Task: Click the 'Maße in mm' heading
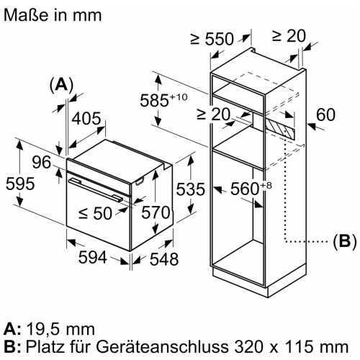[53, 15]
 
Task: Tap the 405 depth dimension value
[86, 119]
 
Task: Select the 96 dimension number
[42, 162]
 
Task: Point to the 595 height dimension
[20, 184]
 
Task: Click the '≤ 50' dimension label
[95, 213]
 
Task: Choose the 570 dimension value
[156, 212]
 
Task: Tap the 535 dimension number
[191, 189]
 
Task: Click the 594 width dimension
[93, 257]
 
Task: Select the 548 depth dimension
[164, 259]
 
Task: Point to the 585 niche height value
[163, 100]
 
